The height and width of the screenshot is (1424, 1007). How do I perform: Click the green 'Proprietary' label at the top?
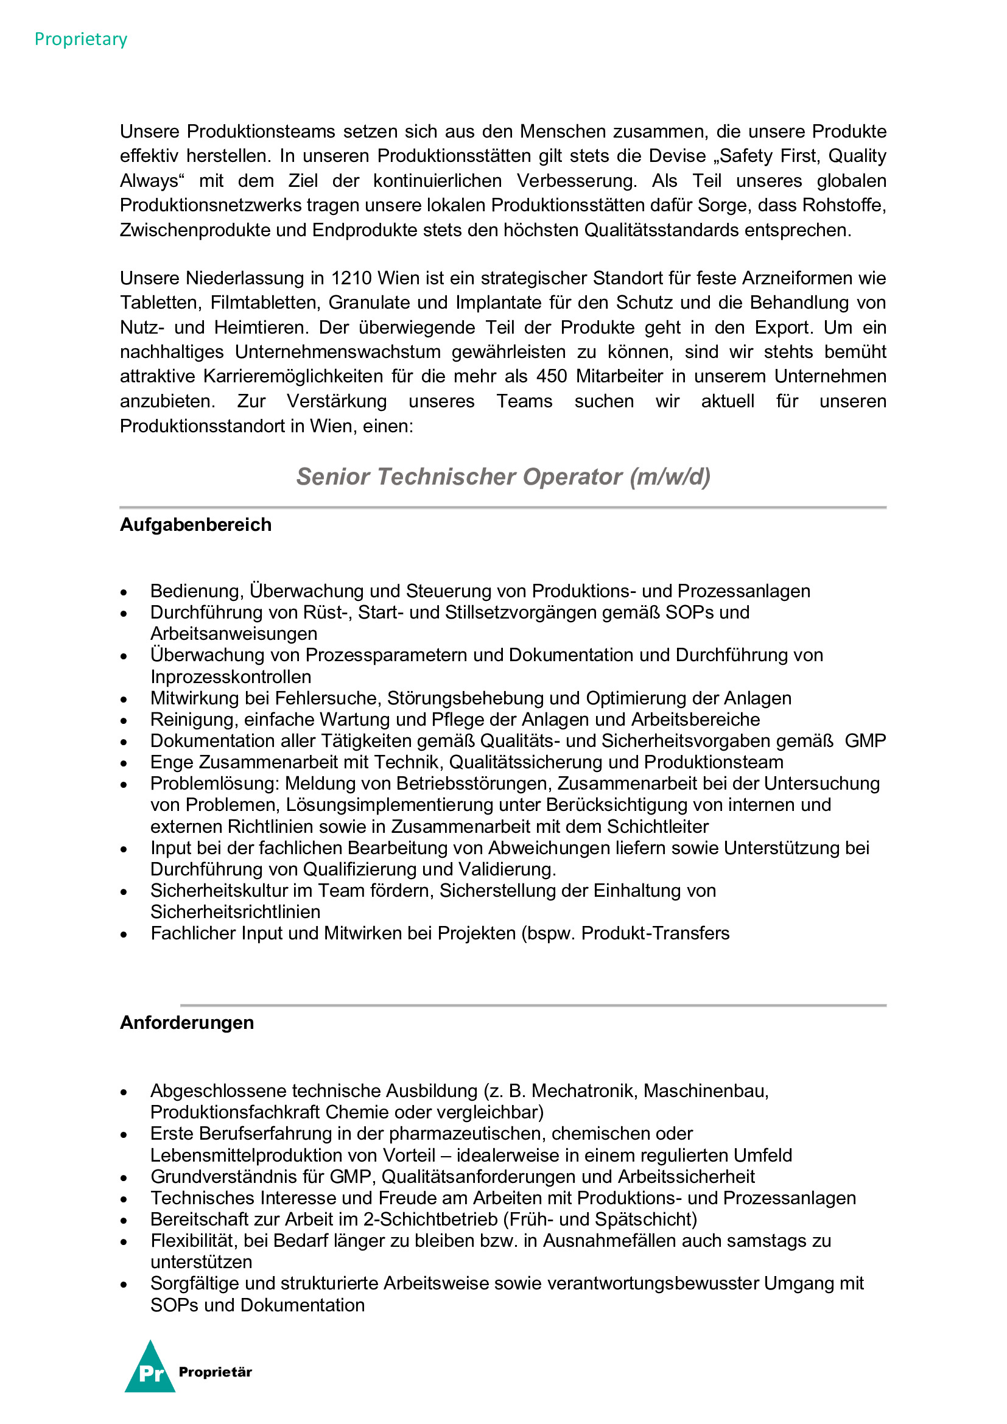80,39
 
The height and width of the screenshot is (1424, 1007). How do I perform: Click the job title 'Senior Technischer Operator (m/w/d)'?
503,476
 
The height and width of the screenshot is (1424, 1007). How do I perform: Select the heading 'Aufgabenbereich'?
195,525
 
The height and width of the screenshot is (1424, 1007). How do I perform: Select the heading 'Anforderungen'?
187,1023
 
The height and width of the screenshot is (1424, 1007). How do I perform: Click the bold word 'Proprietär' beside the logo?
215,1372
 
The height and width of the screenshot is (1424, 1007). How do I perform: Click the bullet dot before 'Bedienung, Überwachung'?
124,592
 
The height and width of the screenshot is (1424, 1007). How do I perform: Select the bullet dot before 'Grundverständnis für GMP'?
124,1178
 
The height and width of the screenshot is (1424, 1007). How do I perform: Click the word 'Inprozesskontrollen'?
231,676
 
